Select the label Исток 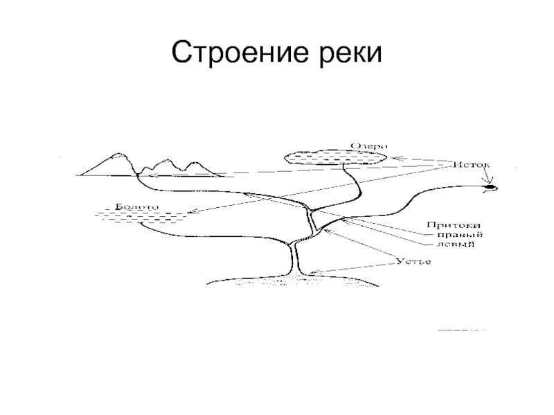tap(472, 166)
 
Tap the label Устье tap(414, 261)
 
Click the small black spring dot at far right tap(490, 187)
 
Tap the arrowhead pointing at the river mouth tap(312, 272)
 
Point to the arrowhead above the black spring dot tap(490, 182)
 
